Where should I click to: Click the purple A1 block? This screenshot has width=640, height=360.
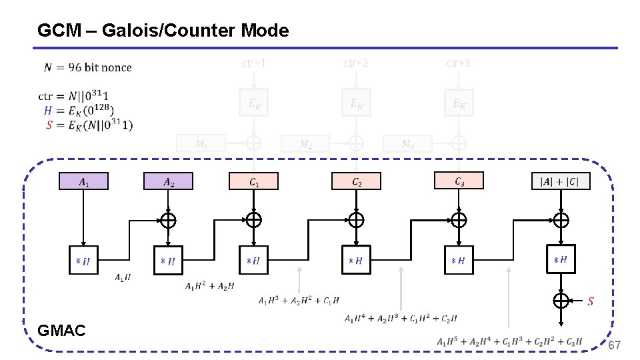83,181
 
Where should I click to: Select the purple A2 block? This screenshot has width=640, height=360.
168,181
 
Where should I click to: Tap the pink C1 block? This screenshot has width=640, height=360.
253,181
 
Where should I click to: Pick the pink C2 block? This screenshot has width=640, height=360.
356,181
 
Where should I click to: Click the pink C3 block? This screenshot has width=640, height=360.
459,181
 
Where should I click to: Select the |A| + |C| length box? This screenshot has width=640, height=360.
561,181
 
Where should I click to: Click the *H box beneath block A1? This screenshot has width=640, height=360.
83,260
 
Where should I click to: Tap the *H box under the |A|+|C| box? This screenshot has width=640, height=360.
561,259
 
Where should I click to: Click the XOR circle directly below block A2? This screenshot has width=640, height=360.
168,220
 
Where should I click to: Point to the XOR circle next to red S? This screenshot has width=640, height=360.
561,300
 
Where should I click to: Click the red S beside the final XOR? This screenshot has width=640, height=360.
590,301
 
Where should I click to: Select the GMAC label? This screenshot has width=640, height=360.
62,329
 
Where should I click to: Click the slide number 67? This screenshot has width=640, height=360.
614,345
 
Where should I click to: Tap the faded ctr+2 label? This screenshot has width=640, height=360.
356,63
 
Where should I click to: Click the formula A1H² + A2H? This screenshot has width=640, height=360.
210,286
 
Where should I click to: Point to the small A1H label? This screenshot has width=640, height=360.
123,277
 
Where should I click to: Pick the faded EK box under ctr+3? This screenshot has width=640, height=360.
459,103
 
